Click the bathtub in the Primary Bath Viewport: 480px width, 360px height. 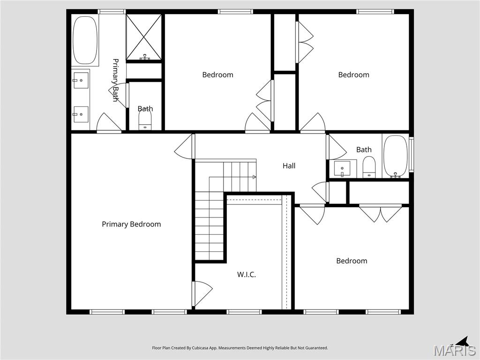tap(85, 40)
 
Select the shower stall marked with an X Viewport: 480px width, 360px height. tap(144, 37)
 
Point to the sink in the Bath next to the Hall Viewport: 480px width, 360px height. tap(342, 168)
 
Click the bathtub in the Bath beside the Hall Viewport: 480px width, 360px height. tap(396, 157)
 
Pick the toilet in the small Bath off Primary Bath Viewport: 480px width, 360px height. tap(145, 121)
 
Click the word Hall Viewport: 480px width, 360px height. tap(289, 165)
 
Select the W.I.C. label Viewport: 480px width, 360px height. tap(247, 275)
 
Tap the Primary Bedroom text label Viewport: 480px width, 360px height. tap(131, 224)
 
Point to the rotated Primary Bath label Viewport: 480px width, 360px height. tap(115, 80)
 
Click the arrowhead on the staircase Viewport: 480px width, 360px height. tap(254, 177)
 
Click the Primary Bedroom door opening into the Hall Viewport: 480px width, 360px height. tap(185, 146)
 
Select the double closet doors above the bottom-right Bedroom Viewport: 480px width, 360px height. tap(381, 213)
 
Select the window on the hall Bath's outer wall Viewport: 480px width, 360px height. tap(411, 154)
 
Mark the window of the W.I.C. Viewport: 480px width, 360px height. tap(244, 312)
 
